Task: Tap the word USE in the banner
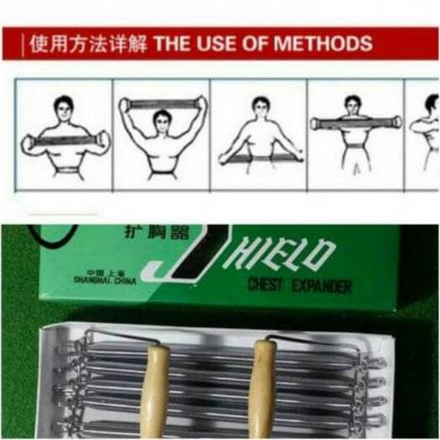[x=218, y=43]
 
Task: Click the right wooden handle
[x=264, y=388]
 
